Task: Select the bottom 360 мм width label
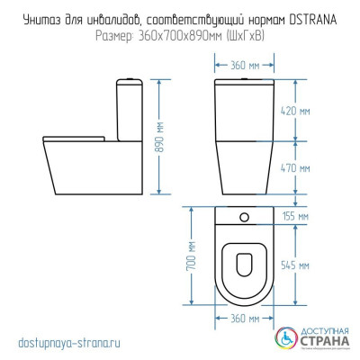point(238,319)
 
